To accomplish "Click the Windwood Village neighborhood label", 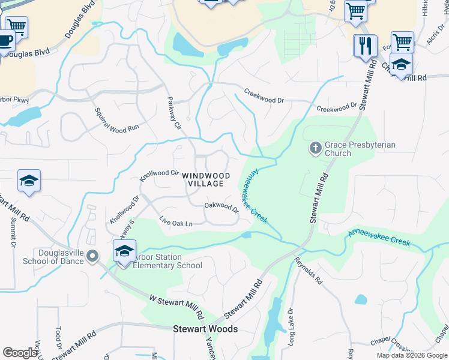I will pos(206,179).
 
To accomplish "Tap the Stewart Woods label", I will pos(205,329).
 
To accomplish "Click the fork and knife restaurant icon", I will pos(365,45).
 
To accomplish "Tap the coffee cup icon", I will pos(5,41).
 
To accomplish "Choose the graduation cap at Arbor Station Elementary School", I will pos(124,251).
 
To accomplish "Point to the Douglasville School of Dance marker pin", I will pos(92,257).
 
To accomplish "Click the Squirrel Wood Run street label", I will pos(117,119).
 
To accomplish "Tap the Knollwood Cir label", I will pos(159,175).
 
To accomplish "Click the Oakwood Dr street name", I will pos(221,206).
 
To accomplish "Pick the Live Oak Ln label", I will pos(176,222).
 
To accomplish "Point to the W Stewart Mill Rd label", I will pos(173,304).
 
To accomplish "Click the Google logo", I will pos(20,353).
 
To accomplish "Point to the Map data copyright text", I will pos(411,355).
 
